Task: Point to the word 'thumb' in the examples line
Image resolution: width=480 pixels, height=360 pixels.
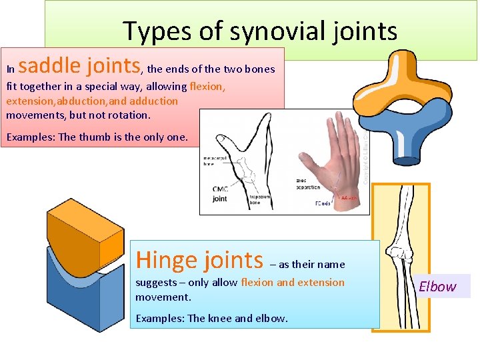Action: (109, 137)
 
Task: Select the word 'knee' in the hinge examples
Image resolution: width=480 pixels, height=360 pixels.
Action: (227, 318)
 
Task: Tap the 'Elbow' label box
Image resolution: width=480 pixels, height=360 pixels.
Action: (438, 287)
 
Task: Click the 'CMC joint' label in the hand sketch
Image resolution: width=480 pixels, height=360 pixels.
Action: (219, 193)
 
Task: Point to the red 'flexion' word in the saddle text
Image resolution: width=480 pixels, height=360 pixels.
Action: (207, 87)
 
